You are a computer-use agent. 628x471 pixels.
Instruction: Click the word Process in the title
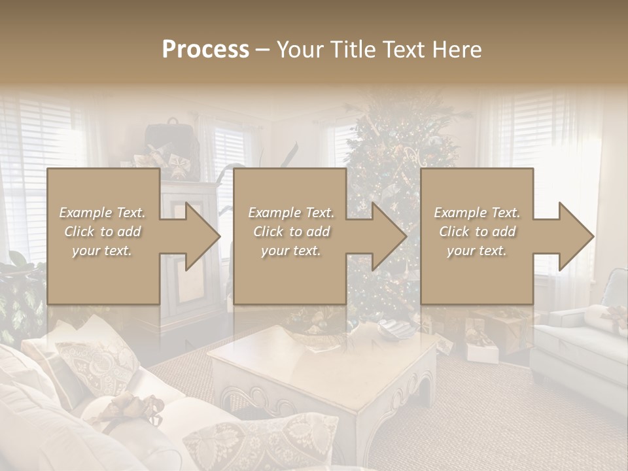(x=205, y=50)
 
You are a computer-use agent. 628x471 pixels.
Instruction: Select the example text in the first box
(x=102, y=232)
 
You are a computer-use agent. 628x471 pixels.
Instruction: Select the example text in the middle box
(x=291, y=232)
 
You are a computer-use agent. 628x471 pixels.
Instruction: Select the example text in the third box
(x=477, y=232)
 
